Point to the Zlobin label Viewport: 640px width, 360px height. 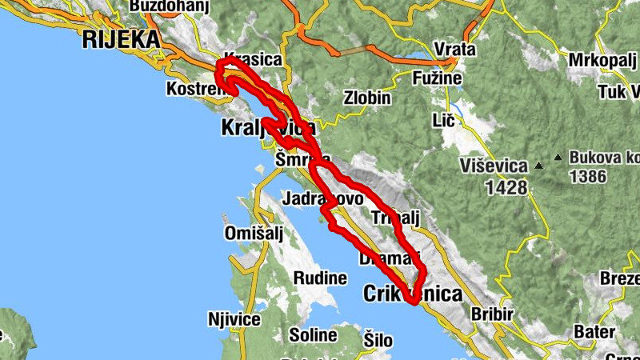click(x=367, y=98)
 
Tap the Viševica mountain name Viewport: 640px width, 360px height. click(x=494, y=166)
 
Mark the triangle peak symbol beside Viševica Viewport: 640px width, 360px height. click(x=538, y=166)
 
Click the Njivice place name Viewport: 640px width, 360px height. click(x=234, y=320)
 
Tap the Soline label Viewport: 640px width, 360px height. click(x=313, y=334)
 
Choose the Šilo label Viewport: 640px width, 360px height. click(x=378, y=338)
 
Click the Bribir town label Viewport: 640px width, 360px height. click(x=492, y=314)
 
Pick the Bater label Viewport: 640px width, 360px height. click(x=594, y=331)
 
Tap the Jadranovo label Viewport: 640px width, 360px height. click(x=322, y=198)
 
